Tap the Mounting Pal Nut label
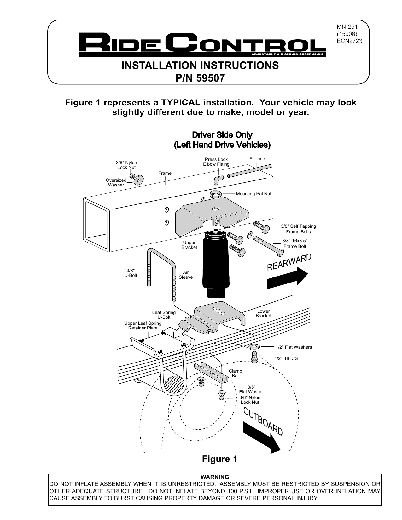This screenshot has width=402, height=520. [253, 194]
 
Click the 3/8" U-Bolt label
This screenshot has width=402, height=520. [131, 273]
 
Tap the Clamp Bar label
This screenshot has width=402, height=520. [235, 373]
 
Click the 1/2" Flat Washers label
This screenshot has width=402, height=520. [293, 347]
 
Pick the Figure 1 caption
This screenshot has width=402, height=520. [219, 459]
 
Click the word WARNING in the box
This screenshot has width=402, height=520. [215, 477]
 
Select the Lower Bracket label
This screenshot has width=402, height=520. [263, 313]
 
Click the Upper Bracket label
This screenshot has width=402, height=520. [189, 245]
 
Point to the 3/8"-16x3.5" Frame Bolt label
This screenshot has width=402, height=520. [294, 243]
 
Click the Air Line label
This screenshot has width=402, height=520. [257, 159]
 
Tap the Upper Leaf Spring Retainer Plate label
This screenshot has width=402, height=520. [143, 325]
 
